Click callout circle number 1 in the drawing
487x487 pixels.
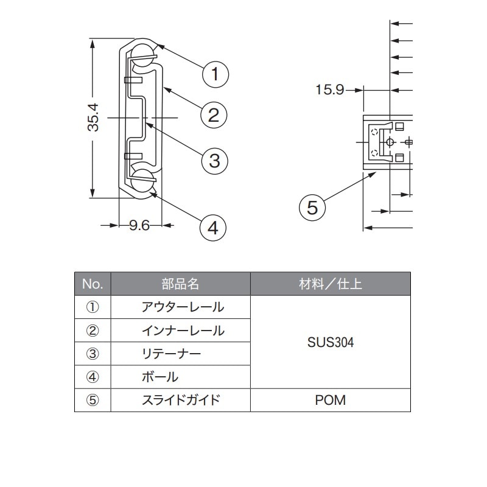[215, 75]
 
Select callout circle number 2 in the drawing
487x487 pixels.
[214, 115]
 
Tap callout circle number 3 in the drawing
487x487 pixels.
[214, 161]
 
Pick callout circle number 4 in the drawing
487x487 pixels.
[212, 228]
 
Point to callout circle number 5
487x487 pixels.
[312, 208]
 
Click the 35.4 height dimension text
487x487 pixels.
[93, 118]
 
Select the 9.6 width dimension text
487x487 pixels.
[139, 226]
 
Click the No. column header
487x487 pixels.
[93, 284]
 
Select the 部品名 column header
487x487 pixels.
[180, 284]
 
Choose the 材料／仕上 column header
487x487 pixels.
[331, 284]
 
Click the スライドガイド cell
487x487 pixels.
[180, 400]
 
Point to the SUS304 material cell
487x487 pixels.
[331, 342]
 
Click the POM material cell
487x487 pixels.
[331, 400]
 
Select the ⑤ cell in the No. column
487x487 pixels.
[93, 400]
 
